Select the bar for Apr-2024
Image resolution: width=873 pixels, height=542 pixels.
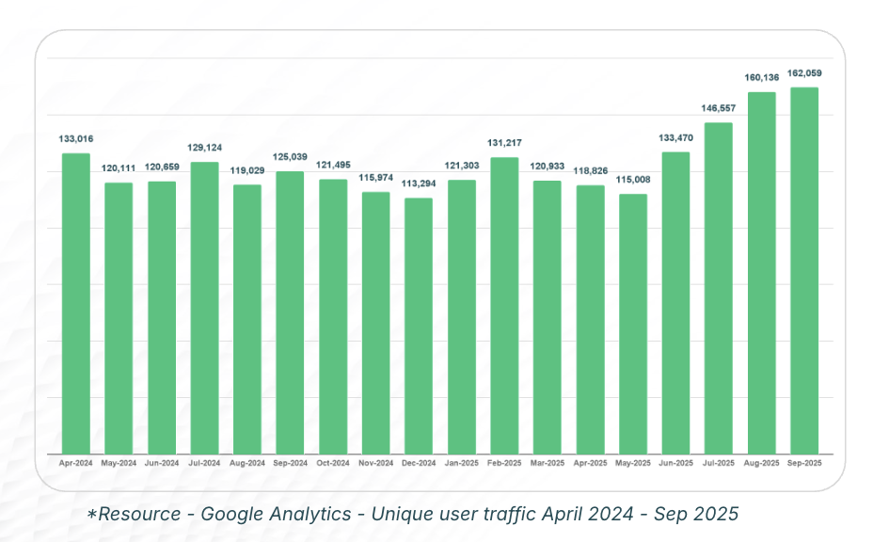(76, 303)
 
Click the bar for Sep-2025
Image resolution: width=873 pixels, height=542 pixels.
(804, 271)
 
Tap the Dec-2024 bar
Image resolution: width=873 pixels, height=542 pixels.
(419, 326)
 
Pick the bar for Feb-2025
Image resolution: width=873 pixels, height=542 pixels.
(504, 305)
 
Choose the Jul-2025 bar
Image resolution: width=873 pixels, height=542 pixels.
(718, 288)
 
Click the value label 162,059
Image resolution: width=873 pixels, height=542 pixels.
(804, 72)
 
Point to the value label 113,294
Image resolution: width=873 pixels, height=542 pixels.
(419, 183)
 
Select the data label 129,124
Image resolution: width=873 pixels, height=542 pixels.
(204, 148)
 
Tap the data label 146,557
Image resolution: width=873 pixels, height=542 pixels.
(718, 108)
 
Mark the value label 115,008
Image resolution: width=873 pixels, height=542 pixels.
(633, 180)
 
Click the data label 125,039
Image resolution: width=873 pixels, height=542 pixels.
(290, 157)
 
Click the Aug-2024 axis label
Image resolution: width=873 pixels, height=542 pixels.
(247, 464)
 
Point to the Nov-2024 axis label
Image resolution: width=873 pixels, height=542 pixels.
(376, 464)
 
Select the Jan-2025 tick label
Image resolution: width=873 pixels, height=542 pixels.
(462, 464)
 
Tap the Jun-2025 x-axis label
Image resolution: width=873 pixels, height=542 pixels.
(675, 464)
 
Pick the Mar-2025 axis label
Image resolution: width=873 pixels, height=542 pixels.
(548, 464)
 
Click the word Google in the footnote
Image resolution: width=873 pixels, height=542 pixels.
(236, 514)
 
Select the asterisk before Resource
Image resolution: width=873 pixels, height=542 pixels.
(92, 514)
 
